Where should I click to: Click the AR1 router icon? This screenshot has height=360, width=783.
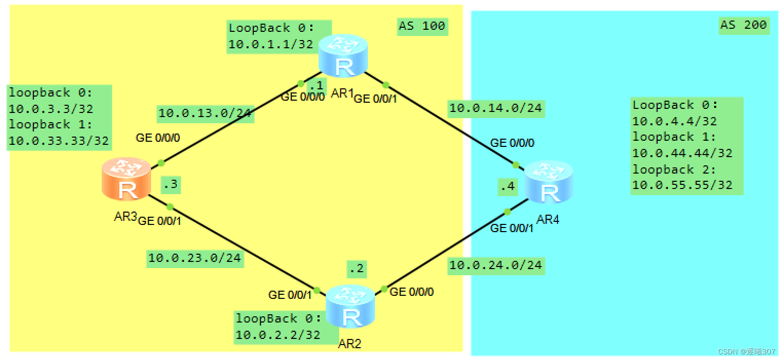tap(343, 56)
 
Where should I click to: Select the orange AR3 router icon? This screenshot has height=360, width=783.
tap(126, 179)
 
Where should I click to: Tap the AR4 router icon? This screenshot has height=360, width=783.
tap(548, 182)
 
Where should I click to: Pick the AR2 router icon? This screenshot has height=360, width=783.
tap(350, 307)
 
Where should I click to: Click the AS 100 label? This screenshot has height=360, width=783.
tap(421, 26)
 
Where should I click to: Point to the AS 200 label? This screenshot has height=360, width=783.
tap(743, 25)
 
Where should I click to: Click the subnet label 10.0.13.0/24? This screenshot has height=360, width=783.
tap(205, 113)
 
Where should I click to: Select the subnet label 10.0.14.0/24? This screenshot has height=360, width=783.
tap(496, 108)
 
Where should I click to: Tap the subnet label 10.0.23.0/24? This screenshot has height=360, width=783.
tap(195, 258)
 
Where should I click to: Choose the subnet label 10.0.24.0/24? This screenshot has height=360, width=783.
tap(496, 265)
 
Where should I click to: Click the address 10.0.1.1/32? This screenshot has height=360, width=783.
tap(271, 44)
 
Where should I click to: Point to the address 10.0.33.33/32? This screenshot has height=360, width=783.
tap(59, 141)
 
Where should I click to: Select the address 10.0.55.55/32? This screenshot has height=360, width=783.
tap(682, 185)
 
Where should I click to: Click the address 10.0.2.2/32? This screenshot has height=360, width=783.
tap(278, 335)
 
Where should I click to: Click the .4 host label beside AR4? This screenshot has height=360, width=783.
tap(507, 186)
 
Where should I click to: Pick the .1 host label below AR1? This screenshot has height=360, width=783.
tap(317, 85)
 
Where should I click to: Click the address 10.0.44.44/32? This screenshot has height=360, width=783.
tap(682, 153)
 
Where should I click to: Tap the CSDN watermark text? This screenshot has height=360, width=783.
tap(746, 351)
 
